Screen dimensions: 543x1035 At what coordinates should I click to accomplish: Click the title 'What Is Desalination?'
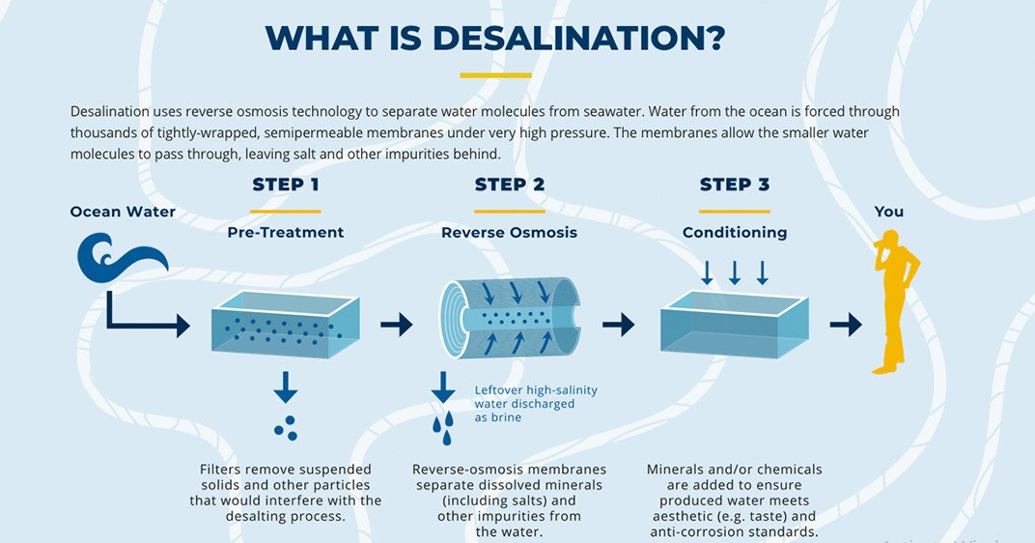coord(494,38)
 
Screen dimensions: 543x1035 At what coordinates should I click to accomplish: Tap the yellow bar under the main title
coord(495,75)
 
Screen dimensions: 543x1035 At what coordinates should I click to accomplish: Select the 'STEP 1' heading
coord(285,185)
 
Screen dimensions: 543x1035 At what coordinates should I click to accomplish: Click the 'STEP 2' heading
coord(510,185)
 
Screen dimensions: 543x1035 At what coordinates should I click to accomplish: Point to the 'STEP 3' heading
coord(734,185)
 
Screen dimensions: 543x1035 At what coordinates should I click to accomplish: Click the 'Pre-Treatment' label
coord(286,233)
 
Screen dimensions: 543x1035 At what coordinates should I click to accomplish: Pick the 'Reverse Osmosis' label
coord(509,233)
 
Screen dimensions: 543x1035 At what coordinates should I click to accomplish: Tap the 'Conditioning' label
coord(734,233)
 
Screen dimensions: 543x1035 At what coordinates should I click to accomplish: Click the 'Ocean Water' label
coord(123,212)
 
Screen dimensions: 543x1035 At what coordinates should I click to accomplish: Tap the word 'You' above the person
coord(889,212)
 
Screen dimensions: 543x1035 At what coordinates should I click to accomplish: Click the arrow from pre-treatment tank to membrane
coord(396,325)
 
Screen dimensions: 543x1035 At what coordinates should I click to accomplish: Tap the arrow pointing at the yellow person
coord(845,325)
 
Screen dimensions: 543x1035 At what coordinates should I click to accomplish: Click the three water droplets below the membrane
coord(442,429)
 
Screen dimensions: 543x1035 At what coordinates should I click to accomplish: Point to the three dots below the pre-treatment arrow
coord(285,428)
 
